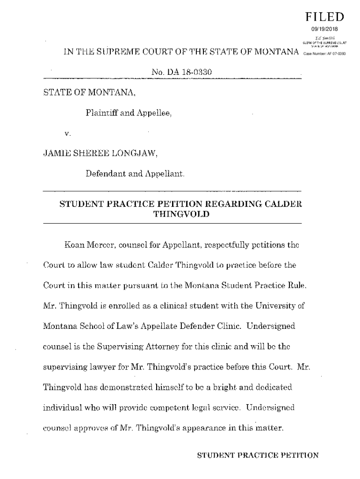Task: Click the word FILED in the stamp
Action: coord(324,17)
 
